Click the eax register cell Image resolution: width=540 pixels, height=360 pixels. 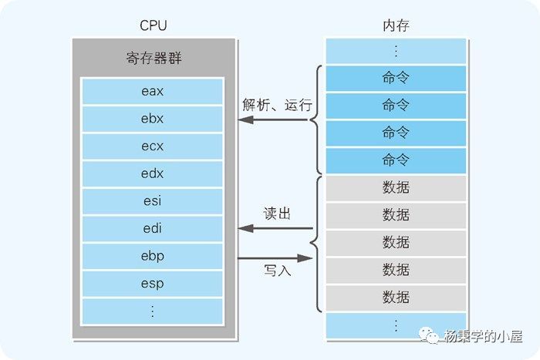[x=152, y=92]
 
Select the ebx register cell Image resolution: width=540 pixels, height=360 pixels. [x=152, y=119]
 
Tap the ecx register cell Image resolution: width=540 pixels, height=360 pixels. [x=152, y=146]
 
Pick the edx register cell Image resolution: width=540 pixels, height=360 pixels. [x=152, y=173]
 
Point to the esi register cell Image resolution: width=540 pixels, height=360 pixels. [x=152, y=201]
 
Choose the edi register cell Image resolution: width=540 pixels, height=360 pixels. [x=152, y=228]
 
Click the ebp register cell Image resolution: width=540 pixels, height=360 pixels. [x=152, y=256]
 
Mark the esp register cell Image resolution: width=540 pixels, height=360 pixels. [x=152, y=283]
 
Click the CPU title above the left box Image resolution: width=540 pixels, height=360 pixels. [x=153, y=25]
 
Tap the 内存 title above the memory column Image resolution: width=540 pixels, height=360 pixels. [x=396, y=25]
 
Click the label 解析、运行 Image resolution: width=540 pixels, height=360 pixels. [x=277, y=105]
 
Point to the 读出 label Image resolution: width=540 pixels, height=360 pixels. [x=277, y=214]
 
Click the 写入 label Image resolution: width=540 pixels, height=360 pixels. [x=277, y=271]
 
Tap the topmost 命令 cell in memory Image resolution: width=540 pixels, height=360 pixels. [x=396, y=78]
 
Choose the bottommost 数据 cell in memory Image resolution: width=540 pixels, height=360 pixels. [x=396, y=297]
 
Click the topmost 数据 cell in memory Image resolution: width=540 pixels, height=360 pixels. [x=396, y=187]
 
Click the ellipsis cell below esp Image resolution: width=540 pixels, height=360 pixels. [x=152, y=311]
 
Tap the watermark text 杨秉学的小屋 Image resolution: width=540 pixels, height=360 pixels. [x=483, y=337]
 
